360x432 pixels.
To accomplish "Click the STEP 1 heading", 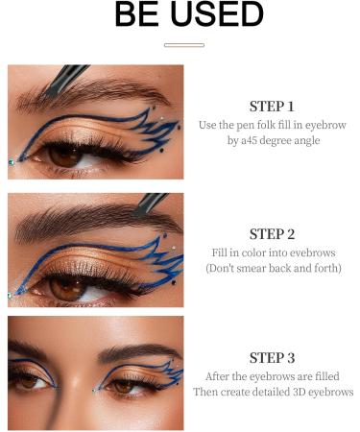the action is pos(272,107).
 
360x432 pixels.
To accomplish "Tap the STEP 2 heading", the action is pos(272,234).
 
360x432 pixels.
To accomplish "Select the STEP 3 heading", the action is pos(272,358).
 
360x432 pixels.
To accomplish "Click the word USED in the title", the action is pos(217,13).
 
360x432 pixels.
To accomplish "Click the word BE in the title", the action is pos(136,13).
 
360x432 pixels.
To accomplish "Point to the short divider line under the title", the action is pos(184,45).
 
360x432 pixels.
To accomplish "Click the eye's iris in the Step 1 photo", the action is pos(64,156).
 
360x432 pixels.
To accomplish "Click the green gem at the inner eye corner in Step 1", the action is pos(12,162).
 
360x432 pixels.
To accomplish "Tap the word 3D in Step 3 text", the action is pos(300,392).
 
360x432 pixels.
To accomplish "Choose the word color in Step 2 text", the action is pos(253,252).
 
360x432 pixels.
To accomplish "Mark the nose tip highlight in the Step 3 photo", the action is pos(76,382).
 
